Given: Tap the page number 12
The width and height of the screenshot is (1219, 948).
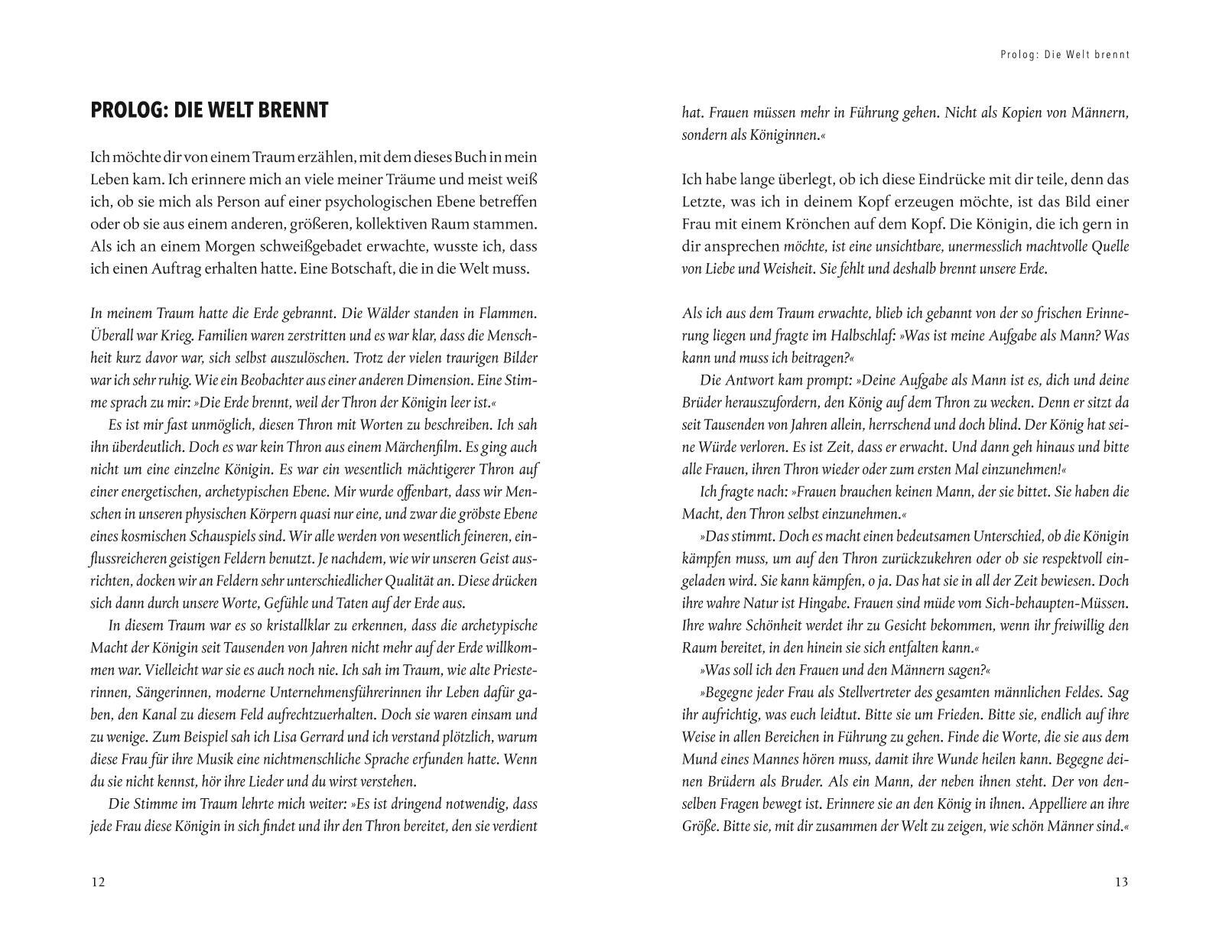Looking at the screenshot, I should (x=98, y=882).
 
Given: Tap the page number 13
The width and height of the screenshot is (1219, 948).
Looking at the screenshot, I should (x=1120, y=882).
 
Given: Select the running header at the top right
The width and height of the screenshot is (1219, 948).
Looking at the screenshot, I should (x=1065, y=55).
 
